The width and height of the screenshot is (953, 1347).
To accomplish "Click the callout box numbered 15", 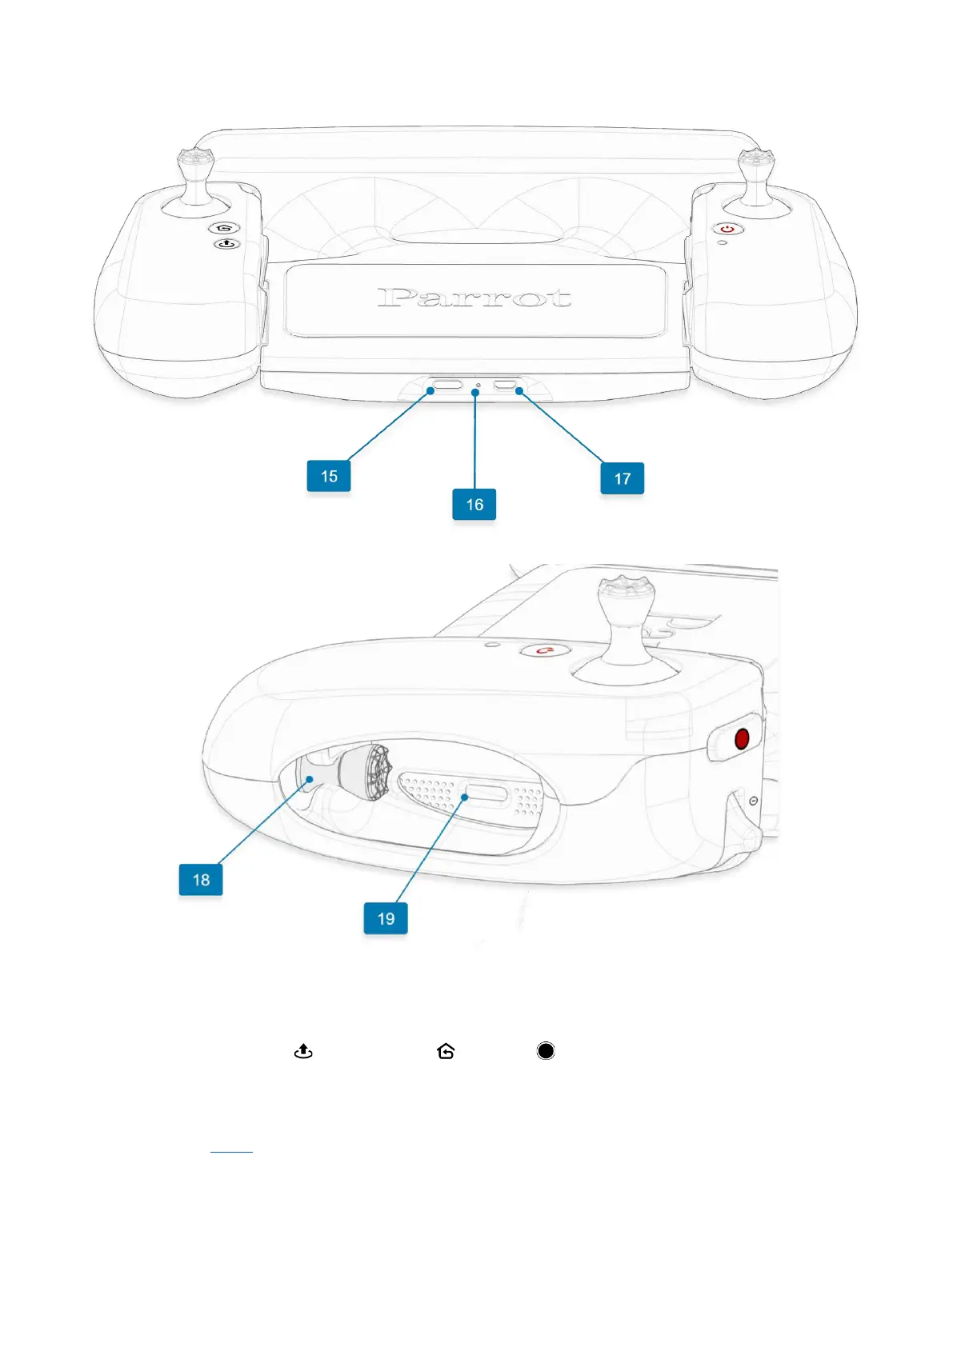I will click(329, 476).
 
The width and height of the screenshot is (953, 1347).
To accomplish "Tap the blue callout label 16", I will click(474, 505).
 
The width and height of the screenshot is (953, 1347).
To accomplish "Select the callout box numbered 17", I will click(622, 478).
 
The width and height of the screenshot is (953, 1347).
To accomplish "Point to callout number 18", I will click(201, 880).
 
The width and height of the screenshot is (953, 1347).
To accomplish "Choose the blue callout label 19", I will click(386, 918).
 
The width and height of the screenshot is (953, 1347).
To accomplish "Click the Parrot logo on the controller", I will click(474, 298).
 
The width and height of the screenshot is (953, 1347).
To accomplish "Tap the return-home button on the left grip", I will click(225, 229).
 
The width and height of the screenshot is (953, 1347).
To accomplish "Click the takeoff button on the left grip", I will click(226, 244).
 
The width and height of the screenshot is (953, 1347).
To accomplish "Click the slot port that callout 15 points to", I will click(448, 386).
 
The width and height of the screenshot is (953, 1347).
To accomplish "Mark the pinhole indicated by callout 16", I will click(478, 386).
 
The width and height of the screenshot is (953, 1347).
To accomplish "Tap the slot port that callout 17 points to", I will click(506, 386).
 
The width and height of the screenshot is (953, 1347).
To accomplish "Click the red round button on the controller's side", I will click(742, 738).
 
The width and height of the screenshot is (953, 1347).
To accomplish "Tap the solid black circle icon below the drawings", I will click(546, 1051).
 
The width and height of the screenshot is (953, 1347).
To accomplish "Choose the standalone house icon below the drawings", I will click(446, 1051).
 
